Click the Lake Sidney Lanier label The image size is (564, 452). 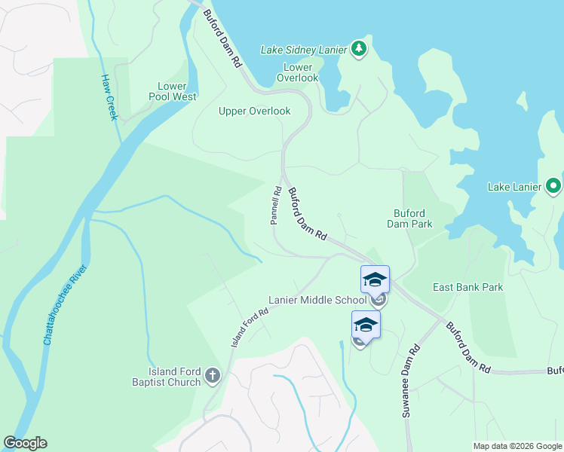click(303, 50)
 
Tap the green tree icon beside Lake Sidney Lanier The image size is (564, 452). click(360, 50)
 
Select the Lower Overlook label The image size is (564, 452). click(298, 72)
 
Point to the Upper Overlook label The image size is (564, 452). click(254, 111)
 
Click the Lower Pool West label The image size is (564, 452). click(176, 91)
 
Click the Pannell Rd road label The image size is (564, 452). click(275, 206)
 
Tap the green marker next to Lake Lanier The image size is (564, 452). click(553, 185)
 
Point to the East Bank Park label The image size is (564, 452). click(467, 287)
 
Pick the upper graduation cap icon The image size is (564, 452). click(375, 280)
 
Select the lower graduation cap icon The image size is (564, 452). click(366, 325)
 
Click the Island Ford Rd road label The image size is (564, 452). click(250, 327)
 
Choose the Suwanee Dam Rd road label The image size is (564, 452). click(410, 382)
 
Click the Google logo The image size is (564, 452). click(25, 443)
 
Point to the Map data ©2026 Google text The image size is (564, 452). click(516, 446)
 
